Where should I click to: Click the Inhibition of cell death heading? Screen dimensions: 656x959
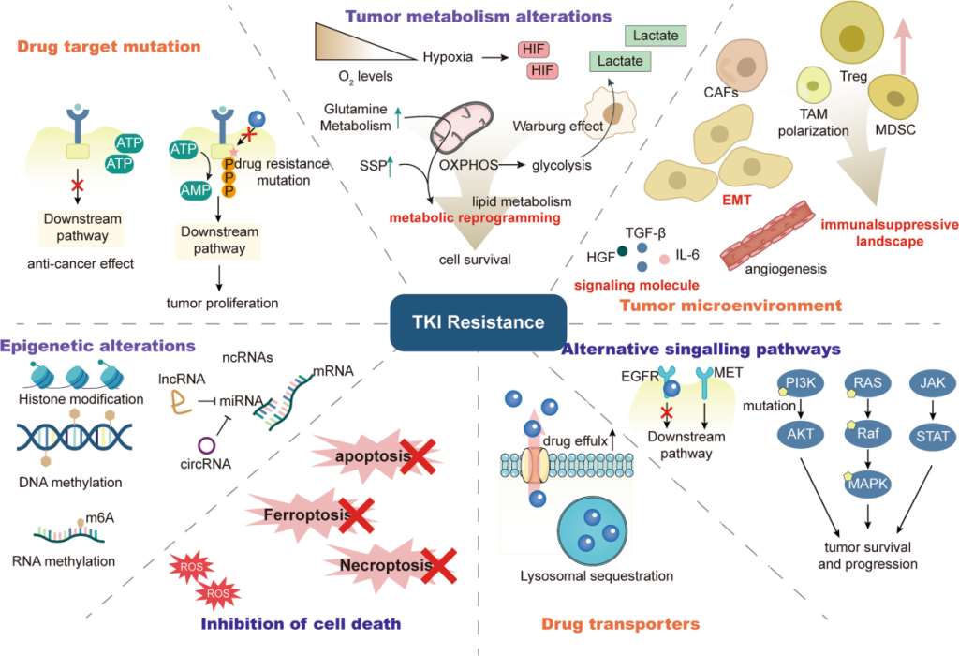click(x=302, y=624)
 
